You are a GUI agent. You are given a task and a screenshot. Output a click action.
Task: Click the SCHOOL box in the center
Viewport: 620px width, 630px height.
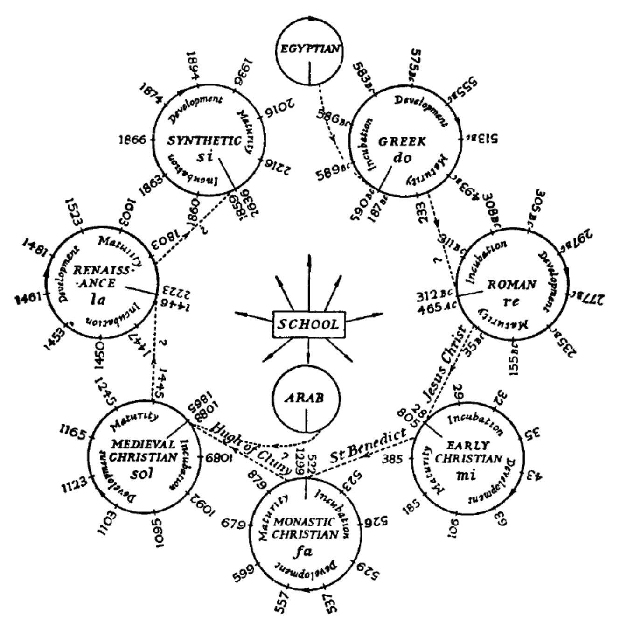click(x=308, y=323)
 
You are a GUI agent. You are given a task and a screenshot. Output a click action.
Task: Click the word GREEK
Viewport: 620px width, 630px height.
click(x=402, y=142)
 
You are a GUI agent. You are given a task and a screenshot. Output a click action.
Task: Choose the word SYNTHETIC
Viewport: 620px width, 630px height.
click(x=206, y=140)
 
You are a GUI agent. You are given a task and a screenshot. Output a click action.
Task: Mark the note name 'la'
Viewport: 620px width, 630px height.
click(x=98, y=299)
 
